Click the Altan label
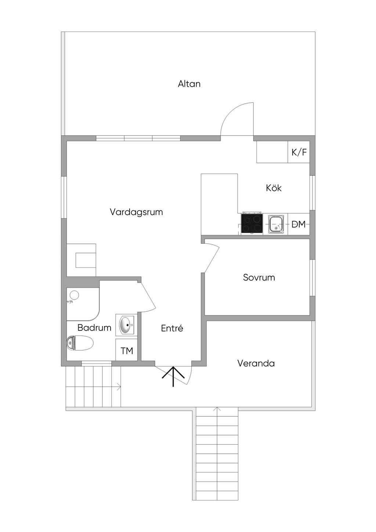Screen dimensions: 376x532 click(189, 84)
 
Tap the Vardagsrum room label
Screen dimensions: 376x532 click(136, 212)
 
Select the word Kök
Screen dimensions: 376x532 click(274, 188)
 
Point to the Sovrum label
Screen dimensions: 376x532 click(259, 277)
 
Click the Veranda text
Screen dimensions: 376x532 click(256, 363)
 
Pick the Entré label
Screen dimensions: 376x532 click(172, 328)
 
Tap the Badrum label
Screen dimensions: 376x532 click(94, 327)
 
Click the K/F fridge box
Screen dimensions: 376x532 click(299, 152)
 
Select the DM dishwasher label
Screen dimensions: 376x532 click(299, 224)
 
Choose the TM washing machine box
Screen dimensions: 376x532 click(127, 351)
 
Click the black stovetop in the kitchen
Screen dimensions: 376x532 click(252, 224)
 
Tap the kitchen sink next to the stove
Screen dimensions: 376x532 click(276, 224)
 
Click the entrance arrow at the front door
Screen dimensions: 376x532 click(173, 376)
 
